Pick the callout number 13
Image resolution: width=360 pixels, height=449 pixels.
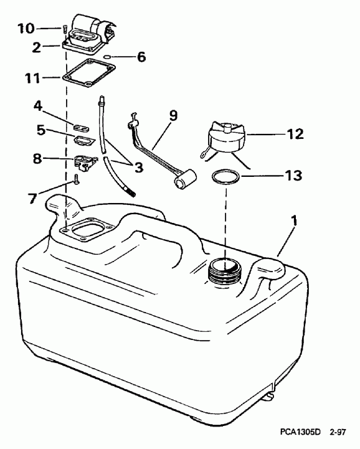(293, 177)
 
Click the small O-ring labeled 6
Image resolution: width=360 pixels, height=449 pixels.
(108, 57)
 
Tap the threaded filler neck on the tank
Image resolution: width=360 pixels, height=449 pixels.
(224, 272)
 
